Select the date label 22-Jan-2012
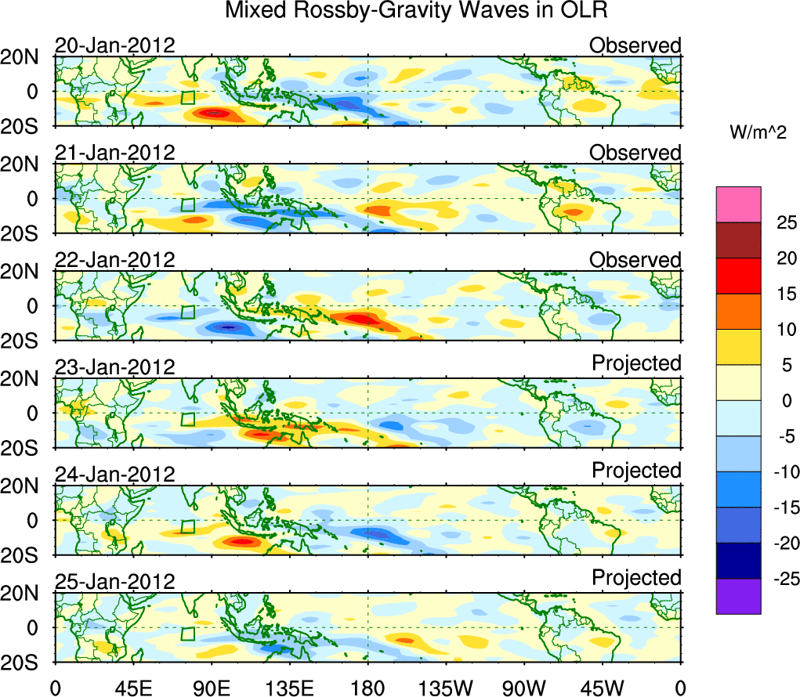click(x=114, y=260)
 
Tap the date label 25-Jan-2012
click(x=114, y=582)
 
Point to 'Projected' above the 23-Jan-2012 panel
click(x=636, y=363)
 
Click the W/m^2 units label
click(x=757, y=133)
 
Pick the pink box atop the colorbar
click(x=738, y=204)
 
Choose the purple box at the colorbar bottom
click(x=738, y=596)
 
